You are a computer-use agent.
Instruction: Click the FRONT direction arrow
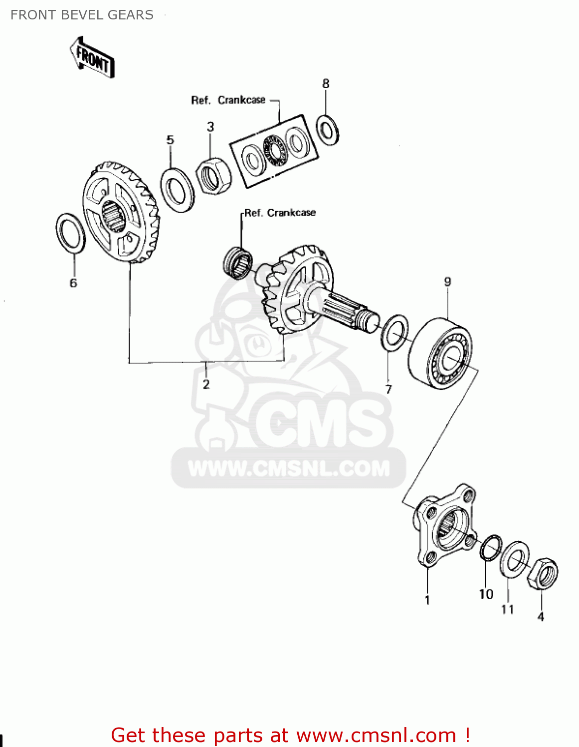(92, 57)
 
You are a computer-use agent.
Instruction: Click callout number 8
(326, 84)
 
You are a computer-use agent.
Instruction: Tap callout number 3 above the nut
(210, 127)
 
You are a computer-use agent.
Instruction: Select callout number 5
(170, 140)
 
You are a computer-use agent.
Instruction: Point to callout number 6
(73, 283)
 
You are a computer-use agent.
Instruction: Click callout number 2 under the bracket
(206, 384)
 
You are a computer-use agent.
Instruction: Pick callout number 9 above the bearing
(447, 282)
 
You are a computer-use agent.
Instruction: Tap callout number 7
(388, 389)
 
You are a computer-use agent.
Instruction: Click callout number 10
(486, 594)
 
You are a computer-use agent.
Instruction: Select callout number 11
(507, 609)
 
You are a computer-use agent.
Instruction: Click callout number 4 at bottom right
(541, 617)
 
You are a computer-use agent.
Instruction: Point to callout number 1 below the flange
(427, 600)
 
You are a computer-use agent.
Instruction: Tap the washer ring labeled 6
(70, 233)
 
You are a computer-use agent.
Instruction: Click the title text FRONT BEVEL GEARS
(82, 15)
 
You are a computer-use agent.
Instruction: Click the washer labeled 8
(328, 130)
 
